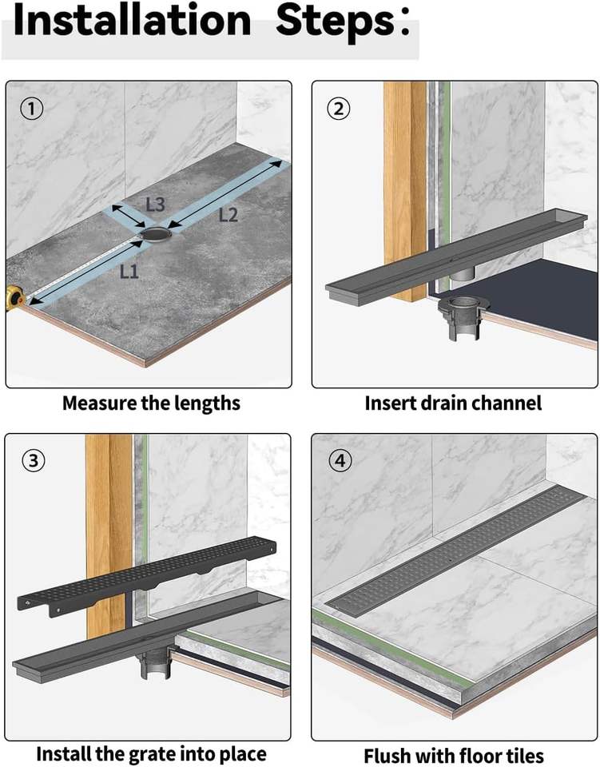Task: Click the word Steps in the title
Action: click(x=336, y=22)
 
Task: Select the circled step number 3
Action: click(x=31, y=461)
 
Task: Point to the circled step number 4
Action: click(x=338, y=461)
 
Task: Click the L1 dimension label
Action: click(x=129, y=272)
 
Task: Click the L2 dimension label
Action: click(x=228, y=214)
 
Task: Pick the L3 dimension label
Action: click(x=156, y=204)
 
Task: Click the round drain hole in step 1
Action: click(x=155, y=234)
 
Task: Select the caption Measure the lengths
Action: click(x=151, y=403)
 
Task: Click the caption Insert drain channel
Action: click(x=453, y=403)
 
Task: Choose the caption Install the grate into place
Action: click(x=151, y=753)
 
